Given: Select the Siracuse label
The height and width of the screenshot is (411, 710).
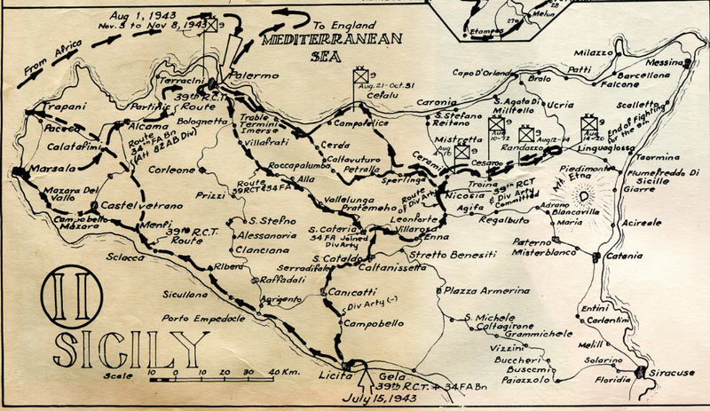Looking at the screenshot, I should pyautogui.click(x=675, y=374).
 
